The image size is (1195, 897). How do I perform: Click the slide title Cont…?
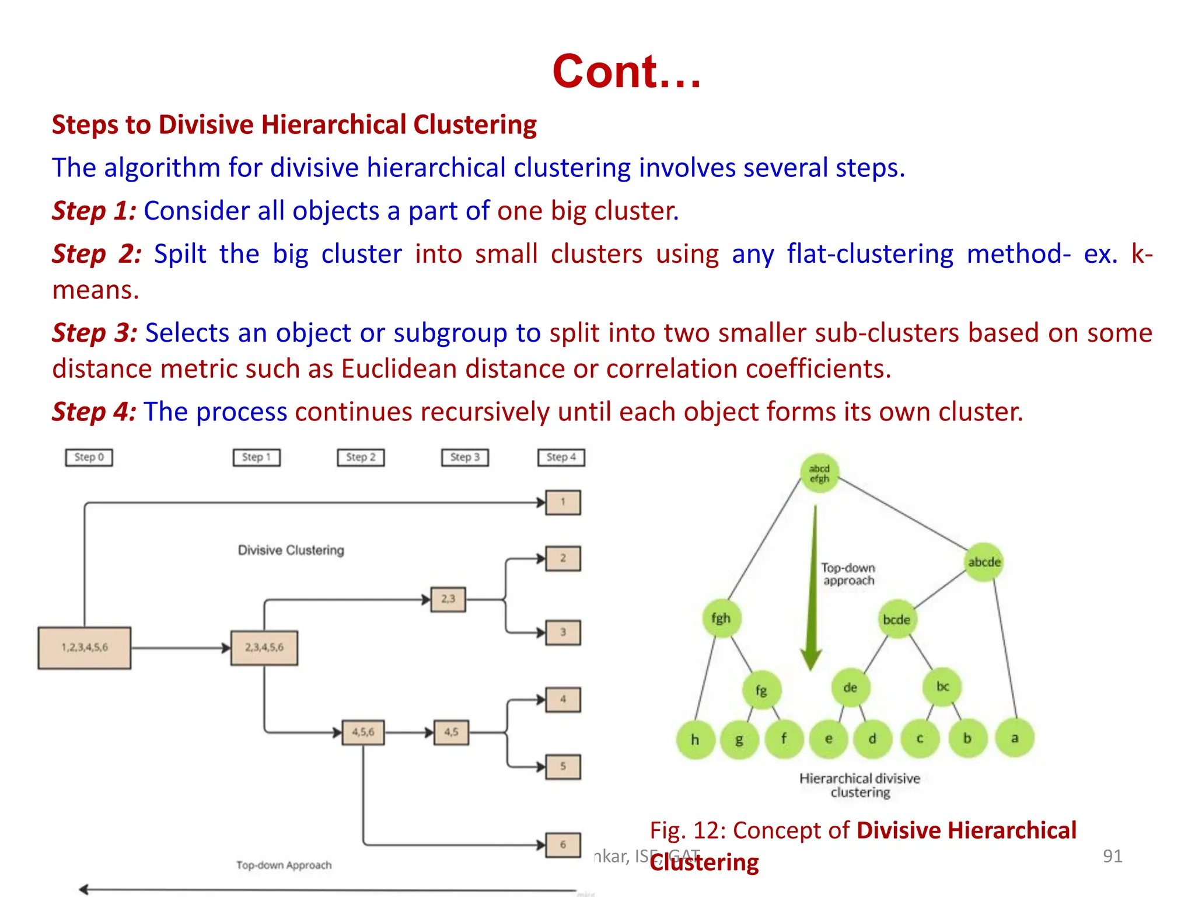[x=626, y=71]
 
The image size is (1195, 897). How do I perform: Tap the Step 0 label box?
[x=89, y=457]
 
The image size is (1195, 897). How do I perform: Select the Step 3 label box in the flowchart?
[x=464, y=457]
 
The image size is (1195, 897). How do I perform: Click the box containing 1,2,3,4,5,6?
[x=85, y=648]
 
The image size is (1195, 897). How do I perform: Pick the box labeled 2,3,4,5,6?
[x=264, y=648]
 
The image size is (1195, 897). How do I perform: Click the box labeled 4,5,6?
[x=363, y=732]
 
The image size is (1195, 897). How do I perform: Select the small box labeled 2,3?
[x=448, y=599]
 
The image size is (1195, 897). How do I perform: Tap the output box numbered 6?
[x=563, y=844]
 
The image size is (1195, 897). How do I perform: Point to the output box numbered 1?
[x=563, y=502]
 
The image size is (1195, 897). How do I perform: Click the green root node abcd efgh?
[x=819, y=474]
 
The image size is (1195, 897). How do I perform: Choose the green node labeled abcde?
[x=984, y=562]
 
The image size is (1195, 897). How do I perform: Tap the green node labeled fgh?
[x=721, y=618]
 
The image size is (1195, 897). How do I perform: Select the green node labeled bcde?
[x=897, y=620]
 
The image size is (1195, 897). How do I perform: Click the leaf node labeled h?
[x=695, y=740]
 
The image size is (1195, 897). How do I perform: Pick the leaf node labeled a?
[x=1015, y=739]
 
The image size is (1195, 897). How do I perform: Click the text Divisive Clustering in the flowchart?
[x=291, y=550]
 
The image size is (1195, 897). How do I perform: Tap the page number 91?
[x=1112, y=856]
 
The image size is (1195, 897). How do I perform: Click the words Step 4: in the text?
[x=94, y=412]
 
